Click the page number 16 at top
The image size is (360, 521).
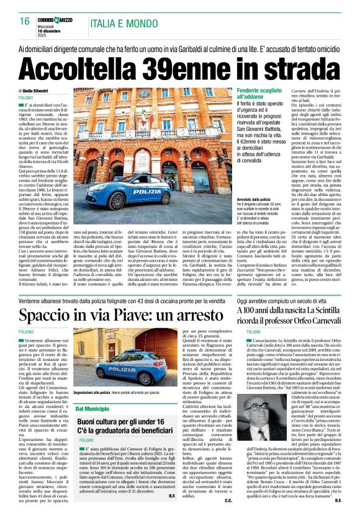tap(24, 21)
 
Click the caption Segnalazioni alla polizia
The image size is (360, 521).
tap(92, 393)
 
